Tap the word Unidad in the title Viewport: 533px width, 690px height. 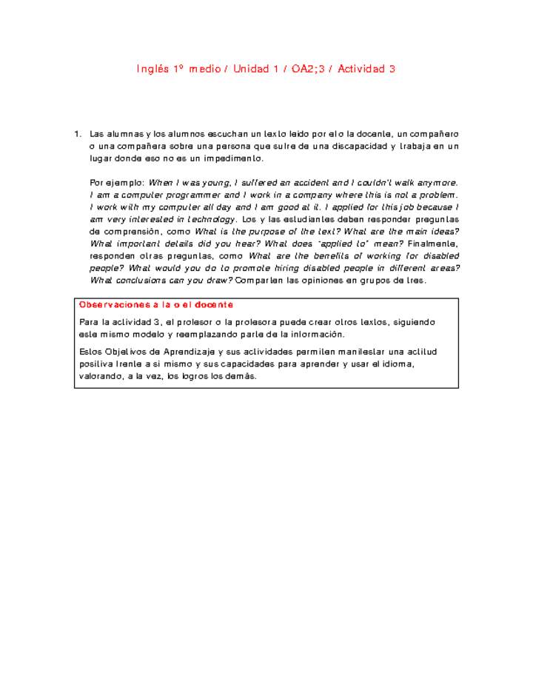[251, 69]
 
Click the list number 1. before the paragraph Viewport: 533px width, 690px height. [78, 134]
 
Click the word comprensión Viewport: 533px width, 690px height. [147, 232]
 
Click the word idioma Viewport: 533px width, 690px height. [398, 364]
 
